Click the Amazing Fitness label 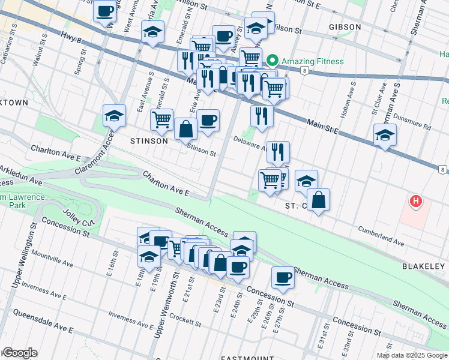point(314,61)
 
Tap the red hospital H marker point(415,202)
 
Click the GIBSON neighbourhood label point(345,27)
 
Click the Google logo point(19,353)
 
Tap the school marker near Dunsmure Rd point(385,135)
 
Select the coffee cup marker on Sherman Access point(283,277)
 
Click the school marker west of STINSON point(114,115)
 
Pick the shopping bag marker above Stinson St point(186,128)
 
